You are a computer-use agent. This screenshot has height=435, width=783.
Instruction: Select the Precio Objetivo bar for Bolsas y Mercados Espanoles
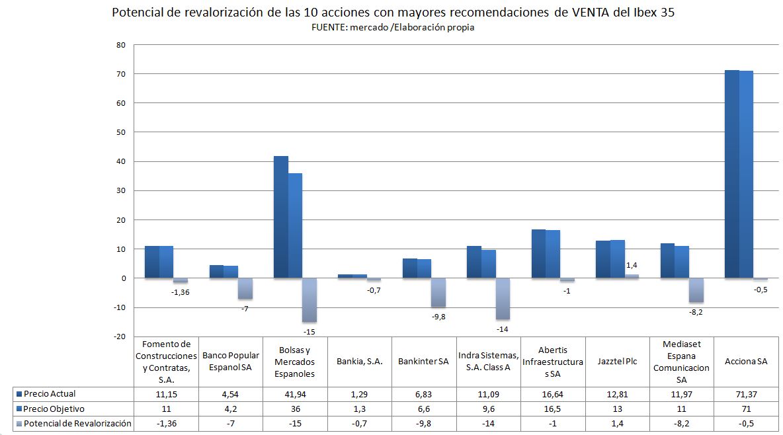[295, 225]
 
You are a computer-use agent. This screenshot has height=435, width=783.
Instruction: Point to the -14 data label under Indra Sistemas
[503, 329]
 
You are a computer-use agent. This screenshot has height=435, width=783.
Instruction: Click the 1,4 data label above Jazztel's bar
[632, 265]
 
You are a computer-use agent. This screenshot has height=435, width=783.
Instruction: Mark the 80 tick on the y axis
[120, 45]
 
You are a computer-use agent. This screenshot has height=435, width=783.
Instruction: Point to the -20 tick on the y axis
[118, 336]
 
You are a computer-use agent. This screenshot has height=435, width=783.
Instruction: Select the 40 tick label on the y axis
[120, 161]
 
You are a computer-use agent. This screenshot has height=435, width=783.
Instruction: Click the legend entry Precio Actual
[50, 394]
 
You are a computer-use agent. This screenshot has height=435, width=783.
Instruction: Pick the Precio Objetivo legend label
[54, 409]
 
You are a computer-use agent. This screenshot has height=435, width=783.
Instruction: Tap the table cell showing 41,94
[295, 394]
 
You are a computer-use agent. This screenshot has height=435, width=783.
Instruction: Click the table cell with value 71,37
[746, 394]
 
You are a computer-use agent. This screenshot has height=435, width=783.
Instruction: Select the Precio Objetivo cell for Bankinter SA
[424, 409]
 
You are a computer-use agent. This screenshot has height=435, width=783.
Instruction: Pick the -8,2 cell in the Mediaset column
[682, 423]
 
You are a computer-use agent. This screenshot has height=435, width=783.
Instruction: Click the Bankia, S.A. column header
[359, 362]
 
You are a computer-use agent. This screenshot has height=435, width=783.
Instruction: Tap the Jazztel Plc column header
[618, 362]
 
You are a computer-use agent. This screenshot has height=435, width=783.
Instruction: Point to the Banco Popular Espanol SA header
[231, 362]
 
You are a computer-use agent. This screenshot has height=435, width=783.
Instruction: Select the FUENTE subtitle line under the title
[392, 28]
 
